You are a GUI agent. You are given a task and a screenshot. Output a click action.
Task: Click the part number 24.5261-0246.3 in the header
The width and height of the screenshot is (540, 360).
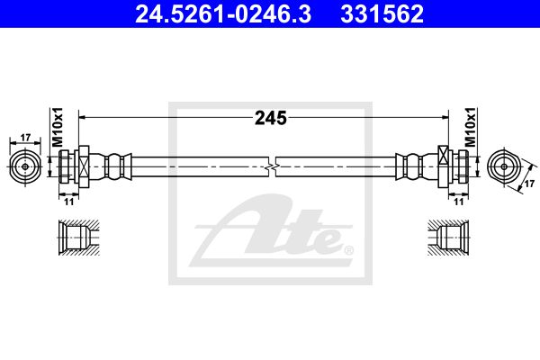[223, 14]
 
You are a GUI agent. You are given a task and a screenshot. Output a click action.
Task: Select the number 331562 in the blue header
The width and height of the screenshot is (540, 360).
[382, 14]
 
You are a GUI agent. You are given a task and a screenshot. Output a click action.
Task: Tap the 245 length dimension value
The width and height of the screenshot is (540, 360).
[271, 118]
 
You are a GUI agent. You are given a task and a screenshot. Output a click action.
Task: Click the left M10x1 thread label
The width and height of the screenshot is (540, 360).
[58, 126]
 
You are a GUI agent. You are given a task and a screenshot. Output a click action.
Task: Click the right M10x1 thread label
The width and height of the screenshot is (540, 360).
[470, 126]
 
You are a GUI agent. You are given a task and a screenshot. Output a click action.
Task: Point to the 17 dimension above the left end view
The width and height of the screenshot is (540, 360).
[25, 138]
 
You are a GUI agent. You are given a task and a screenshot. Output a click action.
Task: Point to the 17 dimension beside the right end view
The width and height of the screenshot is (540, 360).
[529, 184]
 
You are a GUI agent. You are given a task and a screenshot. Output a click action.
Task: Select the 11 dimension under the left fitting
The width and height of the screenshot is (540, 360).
[69, 202]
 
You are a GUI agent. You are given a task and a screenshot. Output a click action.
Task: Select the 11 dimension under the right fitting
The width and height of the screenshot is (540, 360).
[459, 202]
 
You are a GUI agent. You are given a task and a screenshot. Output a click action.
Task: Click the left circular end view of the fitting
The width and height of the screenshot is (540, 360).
[25, 166]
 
